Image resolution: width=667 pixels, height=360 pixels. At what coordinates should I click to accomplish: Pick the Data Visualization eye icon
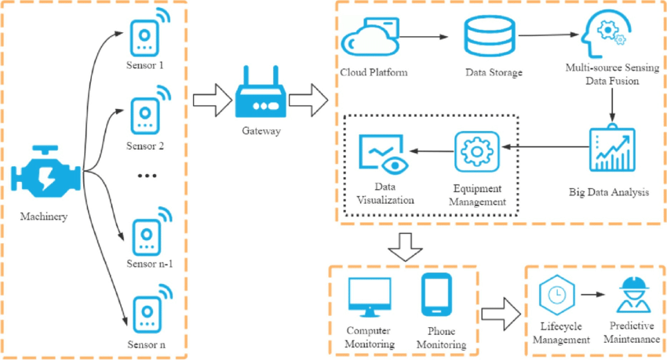[x=381, y=153]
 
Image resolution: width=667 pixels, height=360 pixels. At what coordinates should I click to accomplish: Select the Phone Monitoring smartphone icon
[x=436, y=294]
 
